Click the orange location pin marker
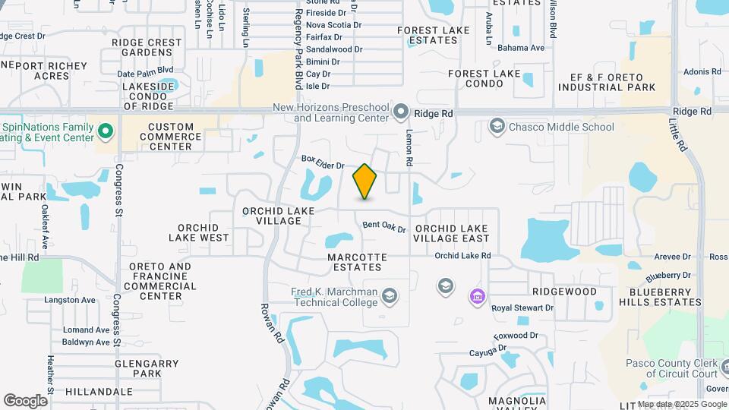click(365, 181)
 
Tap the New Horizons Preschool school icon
click(402, 114)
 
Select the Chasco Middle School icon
click(497, 126)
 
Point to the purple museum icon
click(477, 295)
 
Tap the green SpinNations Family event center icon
click(106, 132)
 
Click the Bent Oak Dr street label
click(384, 226)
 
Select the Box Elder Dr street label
click(323, 162)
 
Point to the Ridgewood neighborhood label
click(564, 292)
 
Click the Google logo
click(25, 401)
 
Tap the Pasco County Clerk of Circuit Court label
click(672, 368)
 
